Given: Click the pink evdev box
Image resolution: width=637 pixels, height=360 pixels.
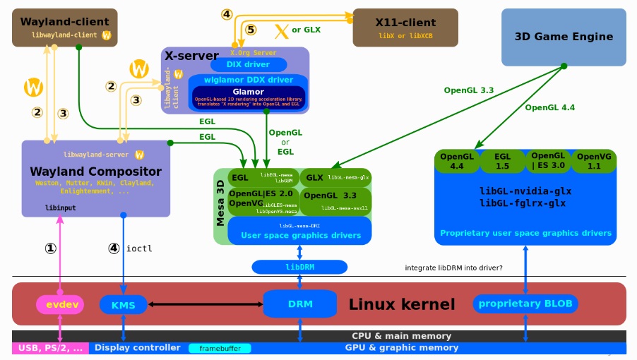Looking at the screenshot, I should coord(60,305).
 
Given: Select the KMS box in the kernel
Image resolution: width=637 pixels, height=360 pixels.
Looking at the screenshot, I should coord(123,305).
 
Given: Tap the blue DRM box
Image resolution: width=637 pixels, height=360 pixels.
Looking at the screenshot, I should coord(299,304).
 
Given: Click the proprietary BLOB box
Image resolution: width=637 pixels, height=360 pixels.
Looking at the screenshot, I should coord(525,304).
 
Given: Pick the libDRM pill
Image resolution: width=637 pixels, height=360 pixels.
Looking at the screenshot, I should coord(299,267).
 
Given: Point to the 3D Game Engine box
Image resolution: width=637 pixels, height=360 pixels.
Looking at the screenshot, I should coord(564,37).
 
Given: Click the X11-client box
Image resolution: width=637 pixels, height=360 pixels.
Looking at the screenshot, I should coord(405,28).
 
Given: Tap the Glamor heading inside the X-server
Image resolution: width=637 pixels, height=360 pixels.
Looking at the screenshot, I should coord(248,92).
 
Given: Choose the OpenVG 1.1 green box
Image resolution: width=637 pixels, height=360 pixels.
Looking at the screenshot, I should coord(594,161).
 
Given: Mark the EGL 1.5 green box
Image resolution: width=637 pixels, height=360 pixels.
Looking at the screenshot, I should coord(502,161).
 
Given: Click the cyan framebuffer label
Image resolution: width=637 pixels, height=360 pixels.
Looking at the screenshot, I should coord(220,348).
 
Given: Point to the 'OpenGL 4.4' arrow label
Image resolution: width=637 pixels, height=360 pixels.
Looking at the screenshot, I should coord(549,108).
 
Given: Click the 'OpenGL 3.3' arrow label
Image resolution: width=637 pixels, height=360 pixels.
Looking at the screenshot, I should coord(468,90).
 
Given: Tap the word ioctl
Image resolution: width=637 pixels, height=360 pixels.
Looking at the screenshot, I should coord(139,248).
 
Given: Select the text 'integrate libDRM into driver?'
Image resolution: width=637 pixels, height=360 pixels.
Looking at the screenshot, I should coord(453,268).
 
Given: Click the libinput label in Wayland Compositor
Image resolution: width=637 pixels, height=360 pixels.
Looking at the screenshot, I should coord(61,208).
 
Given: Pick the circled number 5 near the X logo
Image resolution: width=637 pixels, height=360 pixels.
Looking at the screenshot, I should coord(251,30).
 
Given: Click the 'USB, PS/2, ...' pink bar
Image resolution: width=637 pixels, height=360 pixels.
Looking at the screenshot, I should coord(50,348).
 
